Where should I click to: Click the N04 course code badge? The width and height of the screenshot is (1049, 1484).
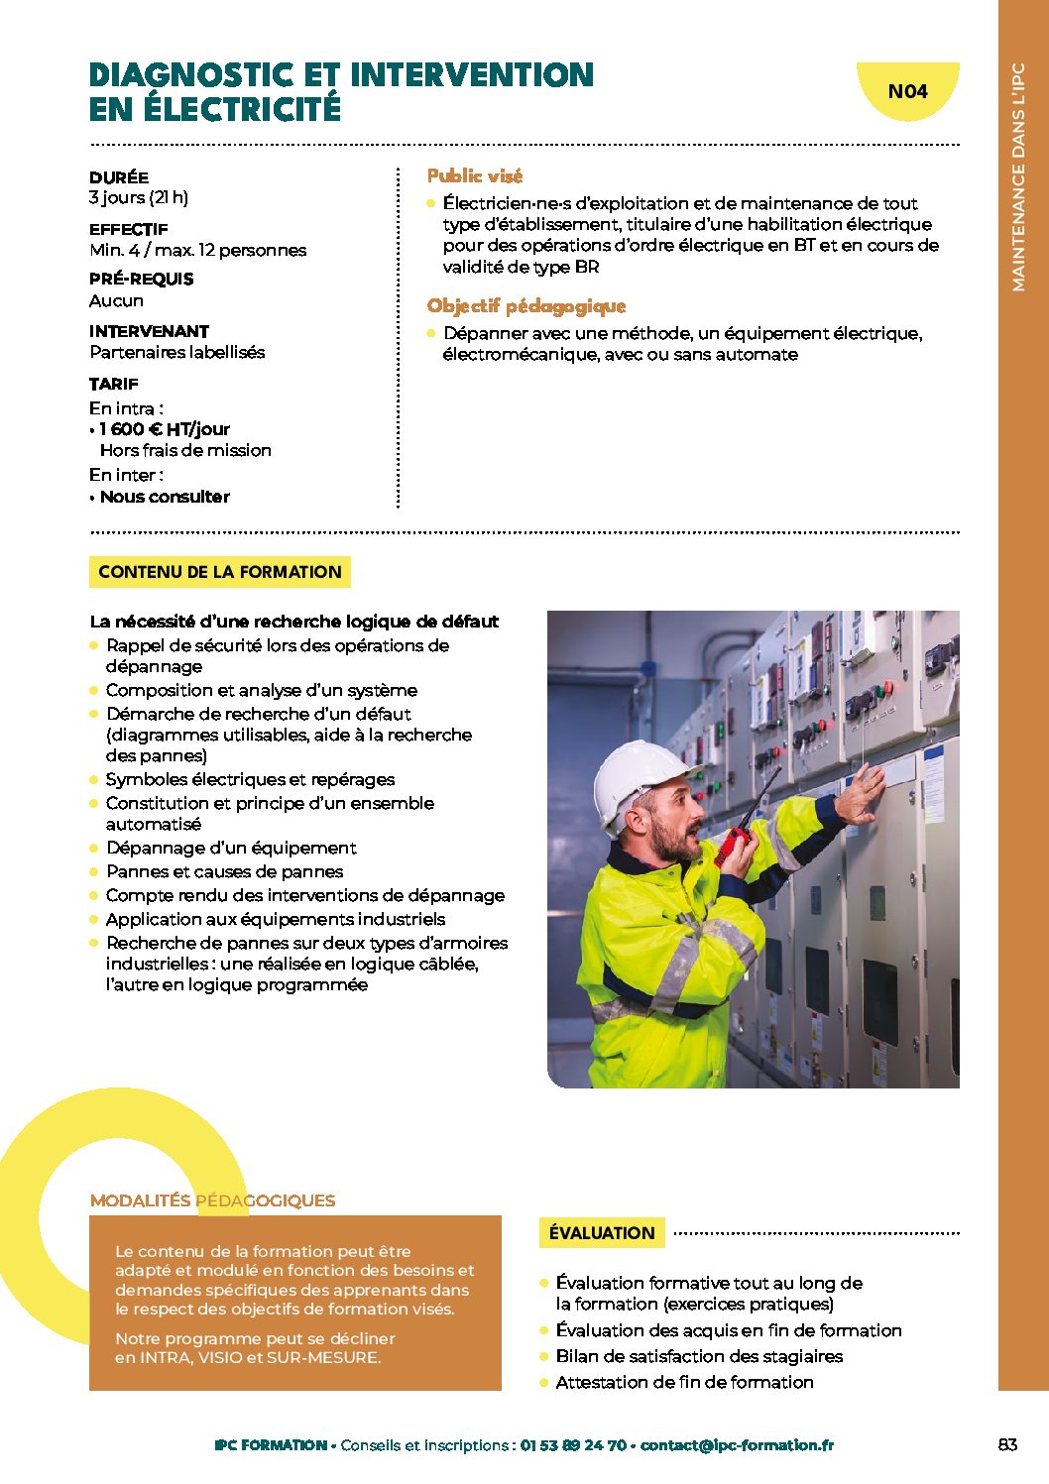tap(907, 92)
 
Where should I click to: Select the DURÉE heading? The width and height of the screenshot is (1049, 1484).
tap(119, 177)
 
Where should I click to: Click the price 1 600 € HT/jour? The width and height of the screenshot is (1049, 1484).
tap(165, 429)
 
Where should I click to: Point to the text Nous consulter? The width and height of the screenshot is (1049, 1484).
tap(165, 497)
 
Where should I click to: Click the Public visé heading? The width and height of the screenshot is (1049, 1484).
tap(474, 176)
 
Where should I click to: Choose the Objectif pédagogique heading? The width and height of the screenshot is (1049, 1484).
tap(526, 306)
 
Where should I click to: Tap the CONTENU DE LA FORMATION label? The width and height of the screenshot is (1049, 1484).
tap(219, 572)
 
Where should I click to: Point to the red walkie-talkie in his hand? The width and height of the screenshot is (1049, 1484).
tap(734, 843)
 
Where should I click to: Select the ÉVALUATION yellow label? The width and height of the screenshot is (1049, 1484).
tap(602, 1233)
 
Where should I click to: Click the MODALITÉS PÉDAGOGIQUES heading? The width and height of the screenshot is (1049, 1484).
tap(212, 1200)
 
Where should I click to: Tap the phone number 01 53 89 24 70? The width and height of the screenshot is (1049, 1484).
tap(573, 1445)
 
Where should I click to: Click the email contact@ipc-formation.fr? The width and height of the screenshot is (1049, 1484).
tap(737, 1445)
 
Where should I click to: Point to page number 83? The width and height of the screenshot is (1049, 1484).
tap(1007, 1445)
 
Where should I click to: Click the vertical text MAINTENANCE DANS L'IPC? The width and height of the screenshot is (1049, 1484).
tap(1018, 178)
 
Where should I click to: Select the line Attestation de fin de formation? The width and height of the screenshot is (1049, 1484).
tap(684, 1382)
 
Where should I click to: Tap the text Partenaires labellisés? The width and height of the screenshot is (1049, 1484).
tap(177, 352)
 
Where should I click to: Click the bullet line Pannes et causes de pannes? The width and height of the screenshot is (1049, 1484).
tap(224, 871)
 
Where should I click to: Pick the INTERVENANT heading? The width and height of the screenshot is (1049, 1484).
tap(149, 331)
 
